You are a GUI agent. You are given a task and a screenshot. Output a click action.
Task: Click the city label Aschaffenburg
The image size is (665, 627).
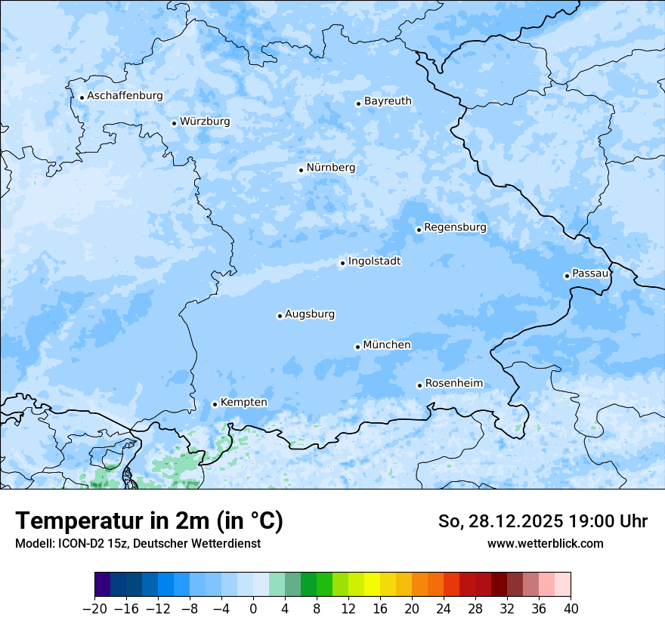coord(125,96)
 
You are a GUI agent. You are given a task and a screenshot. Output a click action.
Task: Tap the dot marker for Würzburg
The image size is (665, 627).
coord(174,123)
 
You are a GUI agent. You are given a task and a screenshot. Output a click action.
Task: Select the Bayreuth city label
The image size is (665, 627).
coord(388,101)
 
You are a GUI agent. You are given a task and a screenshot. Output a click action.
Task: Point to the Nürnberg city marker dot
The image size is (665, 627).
coord(301,170)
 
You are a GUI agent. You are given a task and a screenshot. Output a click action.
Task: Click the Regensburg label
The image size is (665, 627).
coord(455,227)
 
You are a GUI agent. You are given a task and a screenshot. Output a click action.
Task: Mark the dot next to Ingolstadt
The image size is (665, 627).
coord(342,264)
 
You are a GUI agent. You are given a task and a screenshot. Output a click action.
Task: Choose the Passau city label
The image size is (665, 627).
coord(589,273)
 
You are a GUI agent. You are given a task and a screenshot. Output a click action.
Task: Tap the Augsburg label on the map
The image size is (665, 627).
coord(310,314)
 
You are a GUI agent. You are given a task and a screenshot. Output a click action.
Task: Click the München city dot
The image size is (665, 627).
coord(357,347)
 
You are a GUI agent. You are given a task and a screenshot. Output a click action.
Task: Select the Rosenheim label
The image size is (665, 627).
coord(453,384)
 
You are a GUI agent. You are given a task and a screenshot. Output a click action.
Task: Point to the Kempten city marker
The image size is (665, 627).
coord(215,404)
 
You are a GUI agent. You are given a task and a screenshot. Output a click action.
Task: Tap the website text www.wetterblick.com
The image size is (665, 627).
coord(545,543)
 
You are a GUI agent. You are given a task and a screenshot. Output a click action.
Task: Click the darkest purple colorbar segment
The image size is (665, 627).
coord(102,585)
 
